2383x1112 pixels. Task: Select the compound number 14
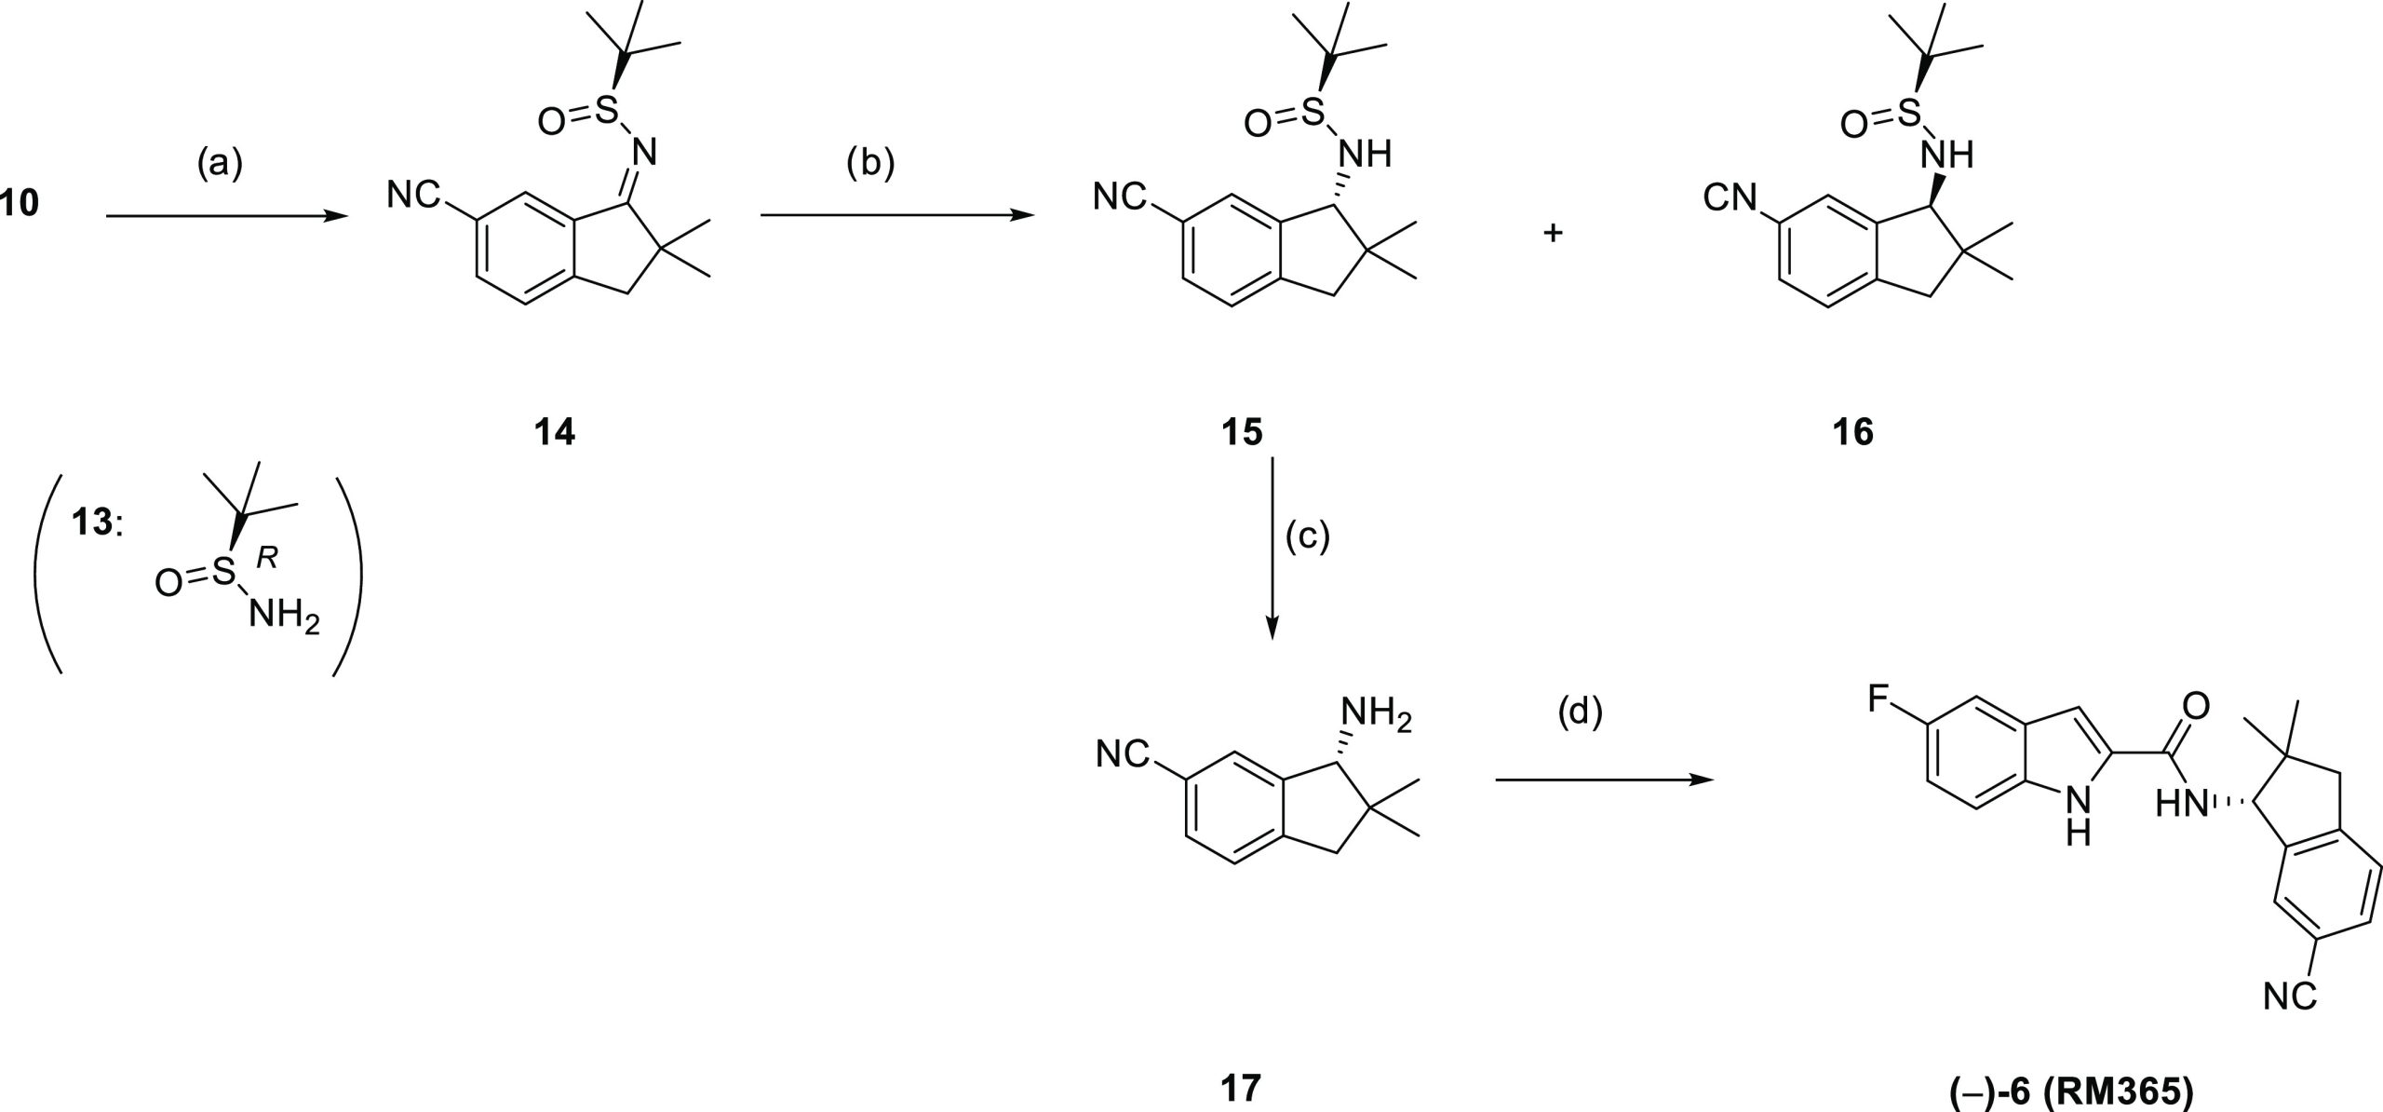click(555, 432)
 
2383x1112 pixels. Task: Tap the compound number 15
click(1243, 432)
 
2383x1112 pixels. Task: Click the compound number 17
click(1243, 1062)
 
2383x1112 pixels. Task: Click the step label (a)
click(220, 164)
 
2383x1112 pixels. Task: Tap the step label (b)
click(869, 164)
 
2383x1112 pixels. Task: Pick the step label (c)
click(1308, 537)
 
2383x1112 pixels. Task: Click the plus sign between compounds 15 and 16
click(1552, 233)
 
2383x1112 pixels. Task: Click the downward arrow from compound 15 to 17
click(1272, 548)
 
